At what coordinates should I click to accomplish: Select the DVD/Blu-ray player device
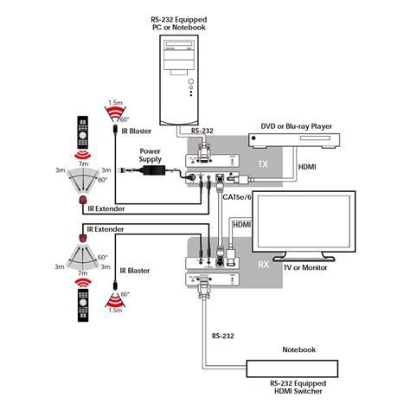click(293, 140)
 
